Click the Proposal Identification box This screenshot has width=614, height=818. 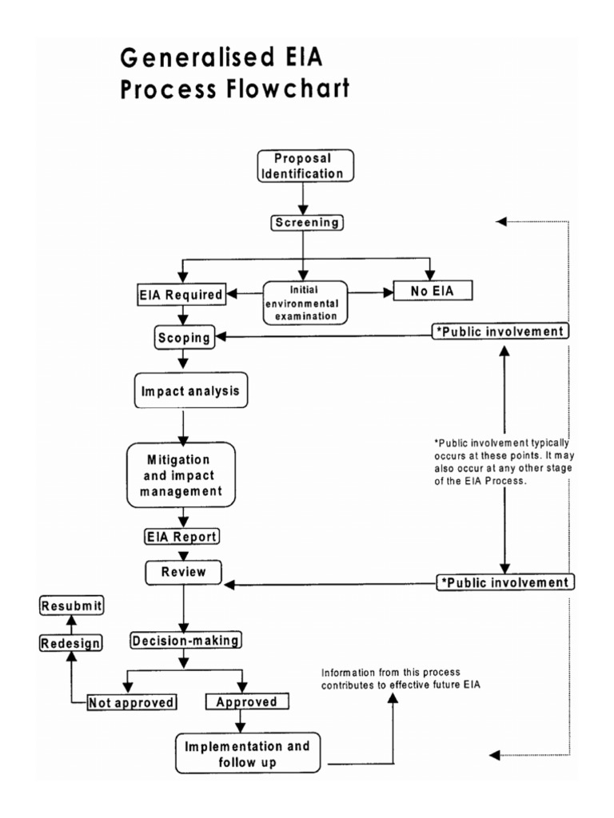[305, 165]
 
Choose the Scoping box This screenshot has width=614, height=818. [183, 338]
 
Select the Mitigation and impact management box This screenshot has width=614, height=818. [181, 475]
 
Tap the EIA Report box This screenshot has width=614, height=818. [181, 536]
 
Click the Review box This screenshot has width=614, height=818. [184, 572]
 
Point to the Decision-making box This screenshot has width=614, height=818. [186, 640]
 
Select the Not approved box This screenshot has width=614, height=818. [132, 702]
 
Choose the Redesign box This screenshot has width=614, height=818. [71, 642]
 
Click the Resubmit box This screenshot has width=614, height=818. [72, 606]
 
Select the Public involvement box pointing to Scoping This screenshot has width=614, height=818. [500, 331]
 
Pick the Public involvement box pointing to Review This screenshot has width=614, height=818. [505, 582]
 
